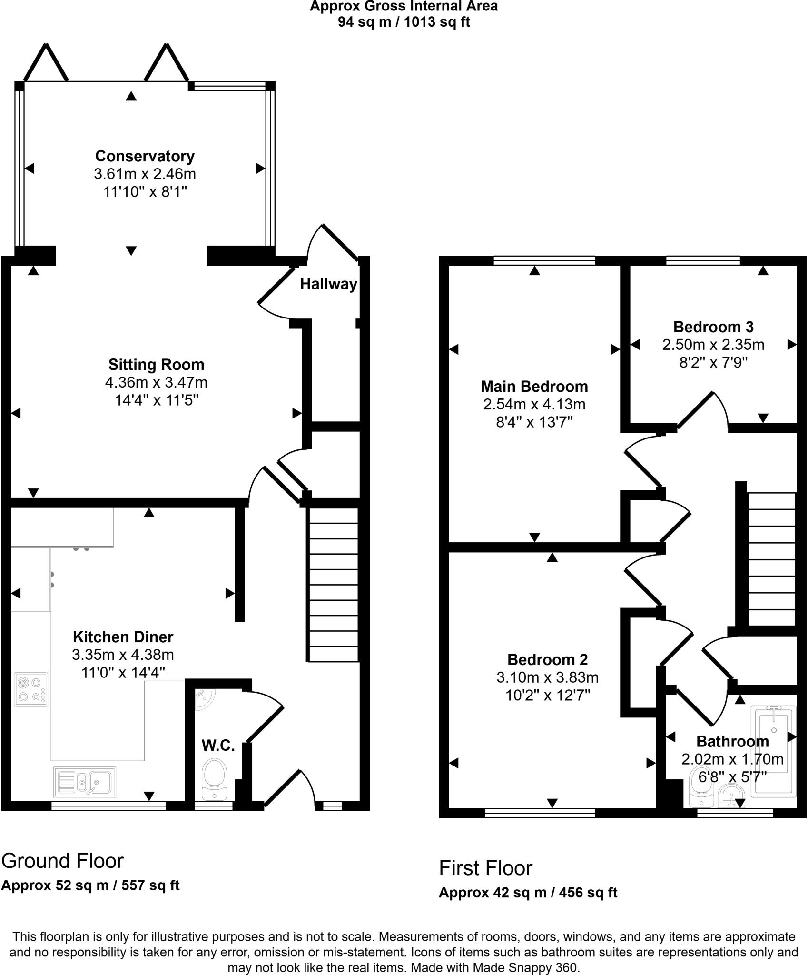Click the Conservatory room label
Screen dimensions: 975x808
(145, 156)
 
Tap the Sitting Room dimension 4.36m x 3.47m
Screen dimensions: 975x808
(156, 382)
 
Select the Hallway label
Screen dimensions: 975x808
(328, 284)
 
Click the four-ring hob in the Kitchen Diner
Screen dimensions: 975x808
(31, 689)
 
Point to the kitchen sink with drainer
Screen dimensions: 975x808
(85, 782)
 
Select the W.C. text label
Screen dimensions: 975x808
(218, 746)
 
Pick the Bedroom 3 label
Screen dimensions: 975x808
(713, 327)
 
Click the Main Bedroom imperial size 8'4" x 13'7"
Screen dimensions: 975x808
(534, 422)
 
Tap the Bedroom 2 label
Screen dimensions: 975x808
(547, 659)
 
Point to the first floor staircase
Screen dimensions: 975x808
(771, 559)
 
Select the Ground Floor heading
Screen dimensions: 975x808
(62, 861)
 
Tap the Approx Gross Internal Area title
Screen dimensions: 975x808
(404, 6)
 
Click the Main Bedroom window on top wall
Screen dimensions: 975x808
(544, 260)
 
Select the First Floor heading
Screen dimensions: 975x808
(485, 868)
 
